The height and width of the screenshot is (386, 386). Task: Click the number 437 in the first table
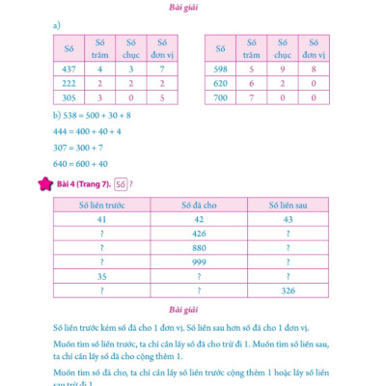coord(68,69)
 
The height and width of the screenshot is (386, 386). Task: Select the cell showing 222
coord(68,83)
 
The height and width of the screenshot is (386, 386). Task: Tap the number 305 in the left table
coord(68,97)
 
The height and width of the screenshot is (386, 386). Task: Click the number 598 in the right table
coord(222,69)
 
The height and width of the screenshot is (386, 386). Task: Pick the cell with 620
coord(222,83)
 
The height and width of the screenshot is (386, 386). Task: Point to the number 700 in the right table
coord(222,97)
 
